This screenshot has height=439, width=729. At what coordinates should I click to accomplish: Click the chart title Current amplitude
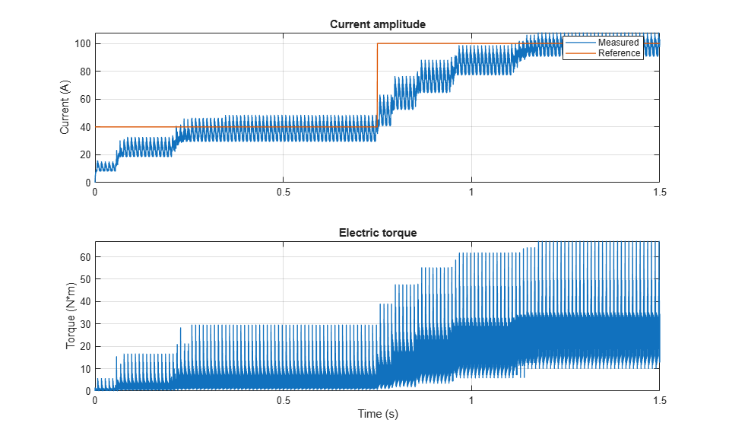pos(378,24)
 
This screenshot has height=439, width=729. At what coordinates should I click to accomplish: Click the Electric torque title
pos(378,233)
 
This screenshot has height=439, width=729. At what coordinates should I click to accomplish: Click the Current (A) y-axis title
pos(65,107)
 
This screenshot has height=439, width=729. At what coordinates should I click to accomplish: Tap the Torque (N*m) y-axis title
pos(70,316)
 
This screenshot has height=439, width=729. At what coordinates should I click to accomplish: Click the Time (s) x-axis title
pos(378,413)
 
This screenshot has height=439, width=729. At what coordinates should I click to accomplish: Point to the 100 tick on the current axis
pos(83,44)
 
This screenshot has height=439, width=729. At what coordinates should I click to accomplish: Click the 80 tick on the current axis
pos(85,72)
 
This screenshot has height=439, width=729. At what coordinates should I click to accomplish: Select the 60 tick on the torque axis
pos(85,257)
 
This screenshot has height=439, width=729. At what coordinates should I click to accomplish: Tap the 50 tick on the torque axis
pos(85,279)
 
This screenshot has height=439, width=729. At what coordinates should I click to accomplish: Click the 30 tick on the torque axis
pos(85,324)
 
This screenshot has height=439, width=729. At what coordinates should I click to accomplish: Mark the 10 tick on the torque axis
pos(85,369)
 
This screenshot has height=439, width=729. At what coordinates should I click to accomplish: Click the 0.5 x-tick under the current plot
pos(283,192)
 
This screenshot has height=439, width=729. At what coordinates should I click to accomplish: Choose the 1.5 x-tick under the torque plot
pos(659,400)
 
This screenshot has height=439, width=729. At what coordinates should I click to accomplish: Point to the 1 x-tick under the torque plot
pos(471,400)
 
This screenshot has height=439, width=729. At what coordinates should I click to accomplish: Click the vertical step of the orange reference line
pos(377,85)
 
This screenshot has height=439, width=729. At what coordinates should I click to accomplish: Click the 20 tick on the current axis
pos(85,155)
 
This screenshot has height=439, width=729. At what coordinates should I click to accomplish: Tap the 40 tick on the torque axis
pos(85,301)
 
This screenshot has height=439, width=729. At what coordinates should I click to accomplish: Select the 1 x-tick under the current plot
pos(471,192)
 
